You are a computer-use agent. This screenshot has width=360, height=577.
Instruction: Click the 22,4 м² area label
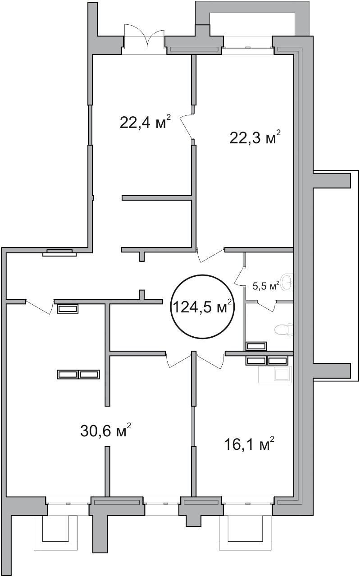tap(145, 122)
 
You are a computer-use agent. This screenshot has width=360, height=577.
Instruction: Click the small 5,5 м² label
tap(266, 286)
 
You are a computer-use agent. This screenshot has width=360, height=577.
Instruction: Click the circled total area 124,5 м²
tap(203, 306)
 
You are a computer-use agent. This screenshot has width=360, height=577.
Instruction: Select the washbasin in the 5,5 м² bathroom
tap(287, 282)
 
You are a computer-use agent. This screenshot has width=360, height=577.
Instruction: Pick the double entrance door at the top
tap(144, 39)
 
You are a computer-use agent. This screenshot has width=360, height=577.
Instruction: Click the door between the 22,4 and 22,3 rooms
tap(187, 126)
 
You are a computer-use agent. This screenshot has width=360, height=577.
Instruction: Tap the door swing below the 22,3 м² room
tap(210, 255)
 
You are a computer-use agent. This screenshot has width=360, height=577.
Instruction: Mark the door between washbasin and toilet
tap(267, 306)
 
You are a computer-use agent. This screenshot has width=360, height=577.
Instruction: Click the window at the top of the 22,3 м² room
tap(247, 47)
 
